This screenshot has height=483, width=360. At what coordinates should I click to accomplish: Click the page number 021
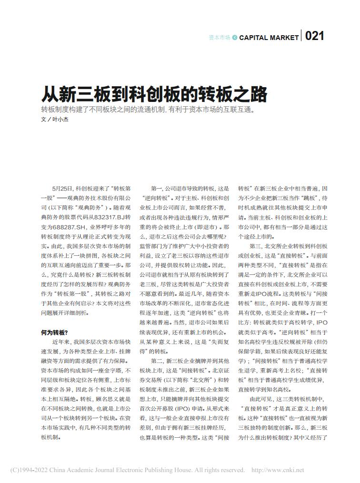pyautogui.click(x=314, y=37)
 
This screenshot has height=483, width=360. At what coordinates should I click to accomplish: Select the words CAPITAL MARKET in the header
pyautogui.click(x=269, y=38)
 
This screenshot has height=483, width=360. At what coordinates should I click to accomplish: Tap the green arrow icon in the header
pyautogui.click(x=235, y=38)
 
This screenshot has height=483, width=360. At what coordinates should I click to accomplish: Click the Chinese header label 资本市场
pyautogui.click(x=220, y=38)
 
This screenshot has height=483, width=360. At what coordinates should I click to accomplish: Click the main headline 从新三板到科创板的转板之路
pyautogui.click(x=154, y=94)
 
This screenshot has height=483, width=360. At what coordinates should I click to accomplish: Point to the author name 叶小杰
pyautogui.click(x=60, y=120)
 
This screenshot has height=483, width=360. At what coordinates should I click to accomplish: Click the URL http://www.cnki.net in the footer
pyautogui.click(x=278, y=470)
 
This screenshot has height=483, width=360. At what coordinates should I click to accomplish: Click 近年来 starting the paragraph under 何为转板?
pyautogui.click(x=60, y=342)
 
